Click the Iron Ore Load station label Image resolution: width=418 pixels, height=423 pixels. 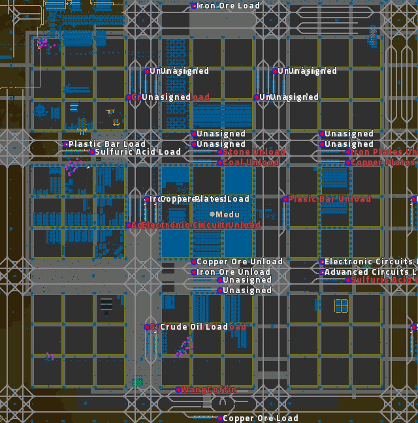(229, 6)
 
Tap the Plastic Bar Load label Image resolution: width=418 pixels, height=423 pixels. (107, 144)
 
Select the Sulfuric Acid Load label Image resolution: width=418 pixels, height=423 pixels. (138, 152)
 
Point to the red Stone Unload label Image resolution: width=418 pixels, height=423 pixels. (254, 152)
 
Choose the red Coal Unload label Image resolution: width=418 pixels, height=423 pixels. (251, 163)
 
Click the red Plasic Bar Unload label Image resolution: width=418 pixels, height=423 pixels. (330, 199)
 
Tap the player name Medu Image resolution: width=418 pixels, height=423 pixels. (228, 215)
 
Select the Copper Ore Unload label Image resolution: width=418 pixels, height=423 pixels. (240, 262)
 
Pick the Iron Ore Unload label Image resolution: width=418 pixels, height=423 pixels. (234, 272)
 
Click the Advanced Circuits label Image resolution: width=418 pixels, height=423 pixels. (370, 272)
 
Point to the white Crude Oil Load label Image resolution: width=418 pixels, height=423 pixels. (195, 327)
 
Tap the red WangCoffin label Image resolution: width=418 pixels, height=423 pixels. (209, 390)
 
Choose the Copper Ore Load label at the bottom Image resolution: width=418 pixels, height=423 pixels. (261, 418)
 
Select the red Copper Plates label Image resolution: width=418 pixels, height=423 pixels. (384, 163)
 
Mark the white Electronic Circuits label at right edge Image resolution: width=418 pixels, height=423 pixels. (370, 262)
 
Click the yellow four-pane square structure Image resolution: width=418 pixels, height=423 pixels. (341, 305)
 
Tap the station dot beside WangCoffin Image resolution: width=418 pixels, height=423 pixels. (178, 390)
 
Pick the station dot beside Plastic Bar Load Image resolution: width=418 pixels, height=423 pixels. (65, 144)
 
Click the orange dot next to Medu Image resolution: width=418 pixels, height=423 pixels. (212, 214)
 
